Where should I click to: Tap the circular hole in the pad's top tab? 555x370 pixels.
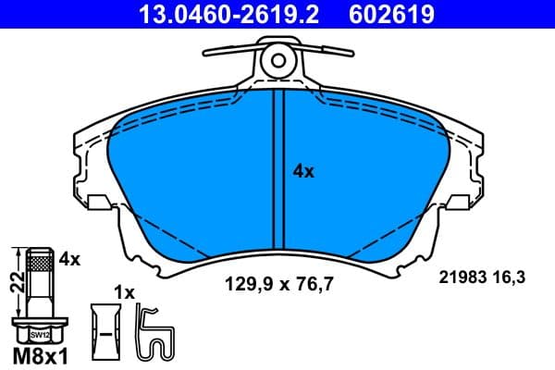click(277, 61)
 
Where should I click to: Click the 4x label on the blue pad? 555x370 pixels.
click(303, 171)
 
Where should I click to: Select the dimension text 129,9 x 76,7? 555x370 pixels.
click(278, 286)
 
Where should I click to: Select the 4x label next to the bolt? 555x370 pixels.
click(70, 260)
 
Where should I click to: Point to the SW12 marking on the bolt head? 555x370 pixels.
click(38, 334)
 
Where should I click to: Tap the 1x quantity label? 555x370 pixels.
click(123, 292)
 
